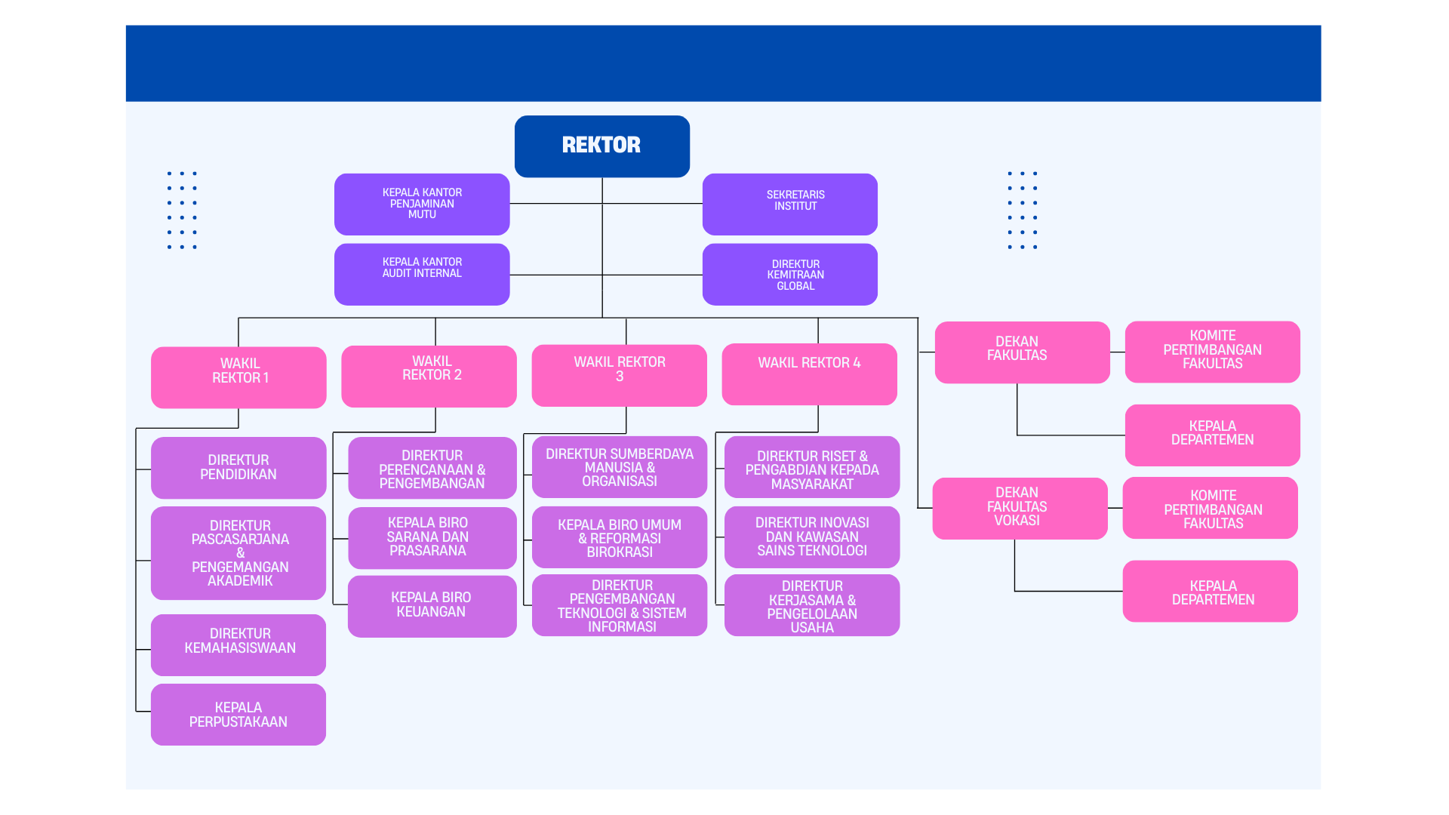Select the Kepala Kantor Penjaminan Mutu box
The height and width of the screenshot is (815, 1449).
pyautogui.click(x=421, y=204)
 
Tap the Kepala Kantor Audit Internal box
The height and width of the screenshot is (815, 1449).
pyautogui.click(x=421, y=274)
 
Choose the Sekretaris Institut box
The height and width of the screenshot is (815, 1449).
pyautogui.click(x=789, y=204)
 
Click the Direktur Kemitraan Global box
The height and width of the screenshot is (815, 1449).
pyautogui.click(x=789, y=274)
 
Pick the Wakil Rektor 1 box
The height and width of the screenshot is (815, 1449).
pyautogui.click(x=238, y=377)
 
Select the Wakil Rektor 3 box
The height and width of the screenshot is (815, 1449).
pyautogui.click(x=619, y=375)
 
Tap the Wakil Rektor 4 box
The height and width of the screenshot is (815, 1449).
pyautogui.click(x=809, y=374)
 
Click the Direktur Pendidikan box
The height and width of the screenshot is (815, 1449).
pyautogui.click(x=238, y=467)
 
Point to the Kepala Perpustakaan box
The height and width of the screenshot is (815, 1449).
pyautogui.click(x=238, y=714)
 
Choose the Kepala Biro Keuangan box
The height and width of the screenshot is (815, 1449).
pyautogui.click(x=432, y=605)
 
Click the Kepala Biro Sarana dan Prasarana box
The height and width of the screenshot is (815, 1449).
pyautogui.click(x=432, y=537)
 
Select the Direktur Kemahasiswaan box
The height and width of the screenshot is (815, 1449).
pyautogui.click(x=238, y=644)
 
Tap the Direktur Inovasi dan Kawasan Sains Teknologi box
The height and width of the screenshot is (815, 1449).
pyautogui.click(x=811, y=537)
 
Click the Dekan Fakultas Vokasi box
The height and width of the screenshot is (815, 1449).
pyautogui.click(x=1019, y=508)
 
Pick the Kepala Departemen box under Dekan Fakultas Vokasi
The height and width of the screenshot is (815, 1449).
pyautogui.click(x=1210, y=591)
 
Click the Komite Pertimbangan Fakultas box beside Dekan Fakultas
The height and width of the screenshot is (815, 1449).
pyautogui.click(x=1212, y=352)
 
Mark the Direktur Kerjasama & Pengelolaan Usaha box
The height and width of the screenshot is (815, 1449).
pyautogui.click(x=811, y=605)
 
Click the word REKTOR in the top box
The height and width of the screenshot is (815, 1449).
pyautogui.click(x=601, y=144)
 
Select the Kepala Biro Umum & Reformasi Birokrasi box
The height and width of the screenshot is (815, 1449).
pyautogui.click(x=619, y=537)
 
